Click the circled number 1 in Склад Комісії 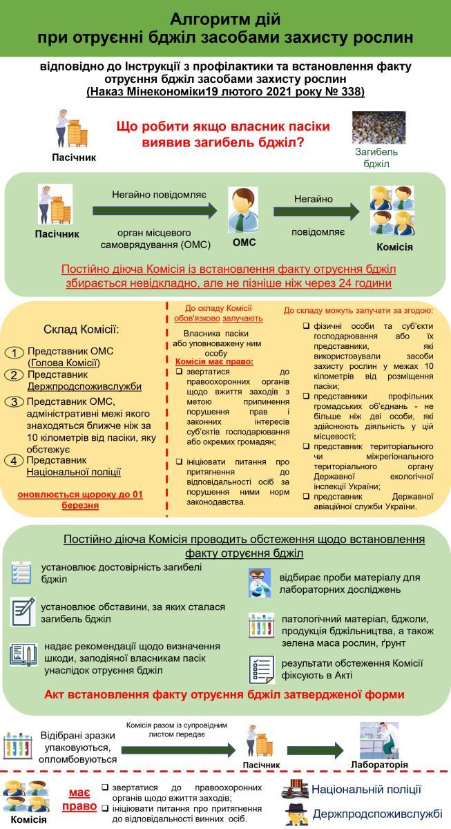[x=15, y=353]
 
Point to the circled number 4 [x=15, y=461]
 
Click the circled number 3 [x=15, y=402]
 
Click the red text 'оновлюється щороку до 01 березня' [x=79, y=500]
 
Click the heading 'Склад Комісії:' [x=81, y=328]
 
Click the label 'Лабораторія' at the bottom [x=379, y=765]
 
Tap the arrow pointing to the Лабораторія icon [x=316, y=750]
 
